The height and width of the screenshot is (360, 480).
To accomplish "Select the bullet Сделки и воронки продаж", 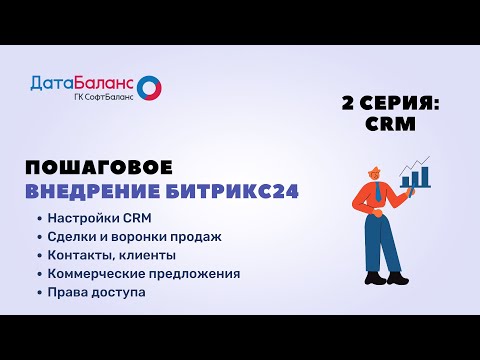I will coord(133,237).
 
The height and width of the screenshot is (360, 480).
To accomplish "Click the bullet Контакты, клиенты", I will coord(111,255).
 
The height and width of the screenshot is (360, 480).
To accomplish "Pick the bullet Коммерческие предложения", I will coord(143,273).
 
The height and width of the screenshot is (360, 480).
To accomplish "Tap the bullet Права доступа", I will coord(96,291).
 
